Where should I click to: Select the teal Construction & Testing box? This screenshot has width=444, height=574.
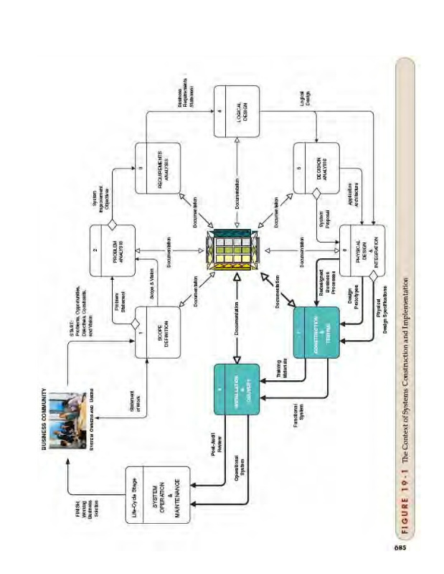coord(316,331)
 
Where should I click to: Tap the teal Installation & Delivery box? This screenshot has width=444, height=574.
coord(236,388)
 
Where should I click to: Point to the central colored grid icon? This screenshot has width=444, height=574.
coord(236,250)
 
